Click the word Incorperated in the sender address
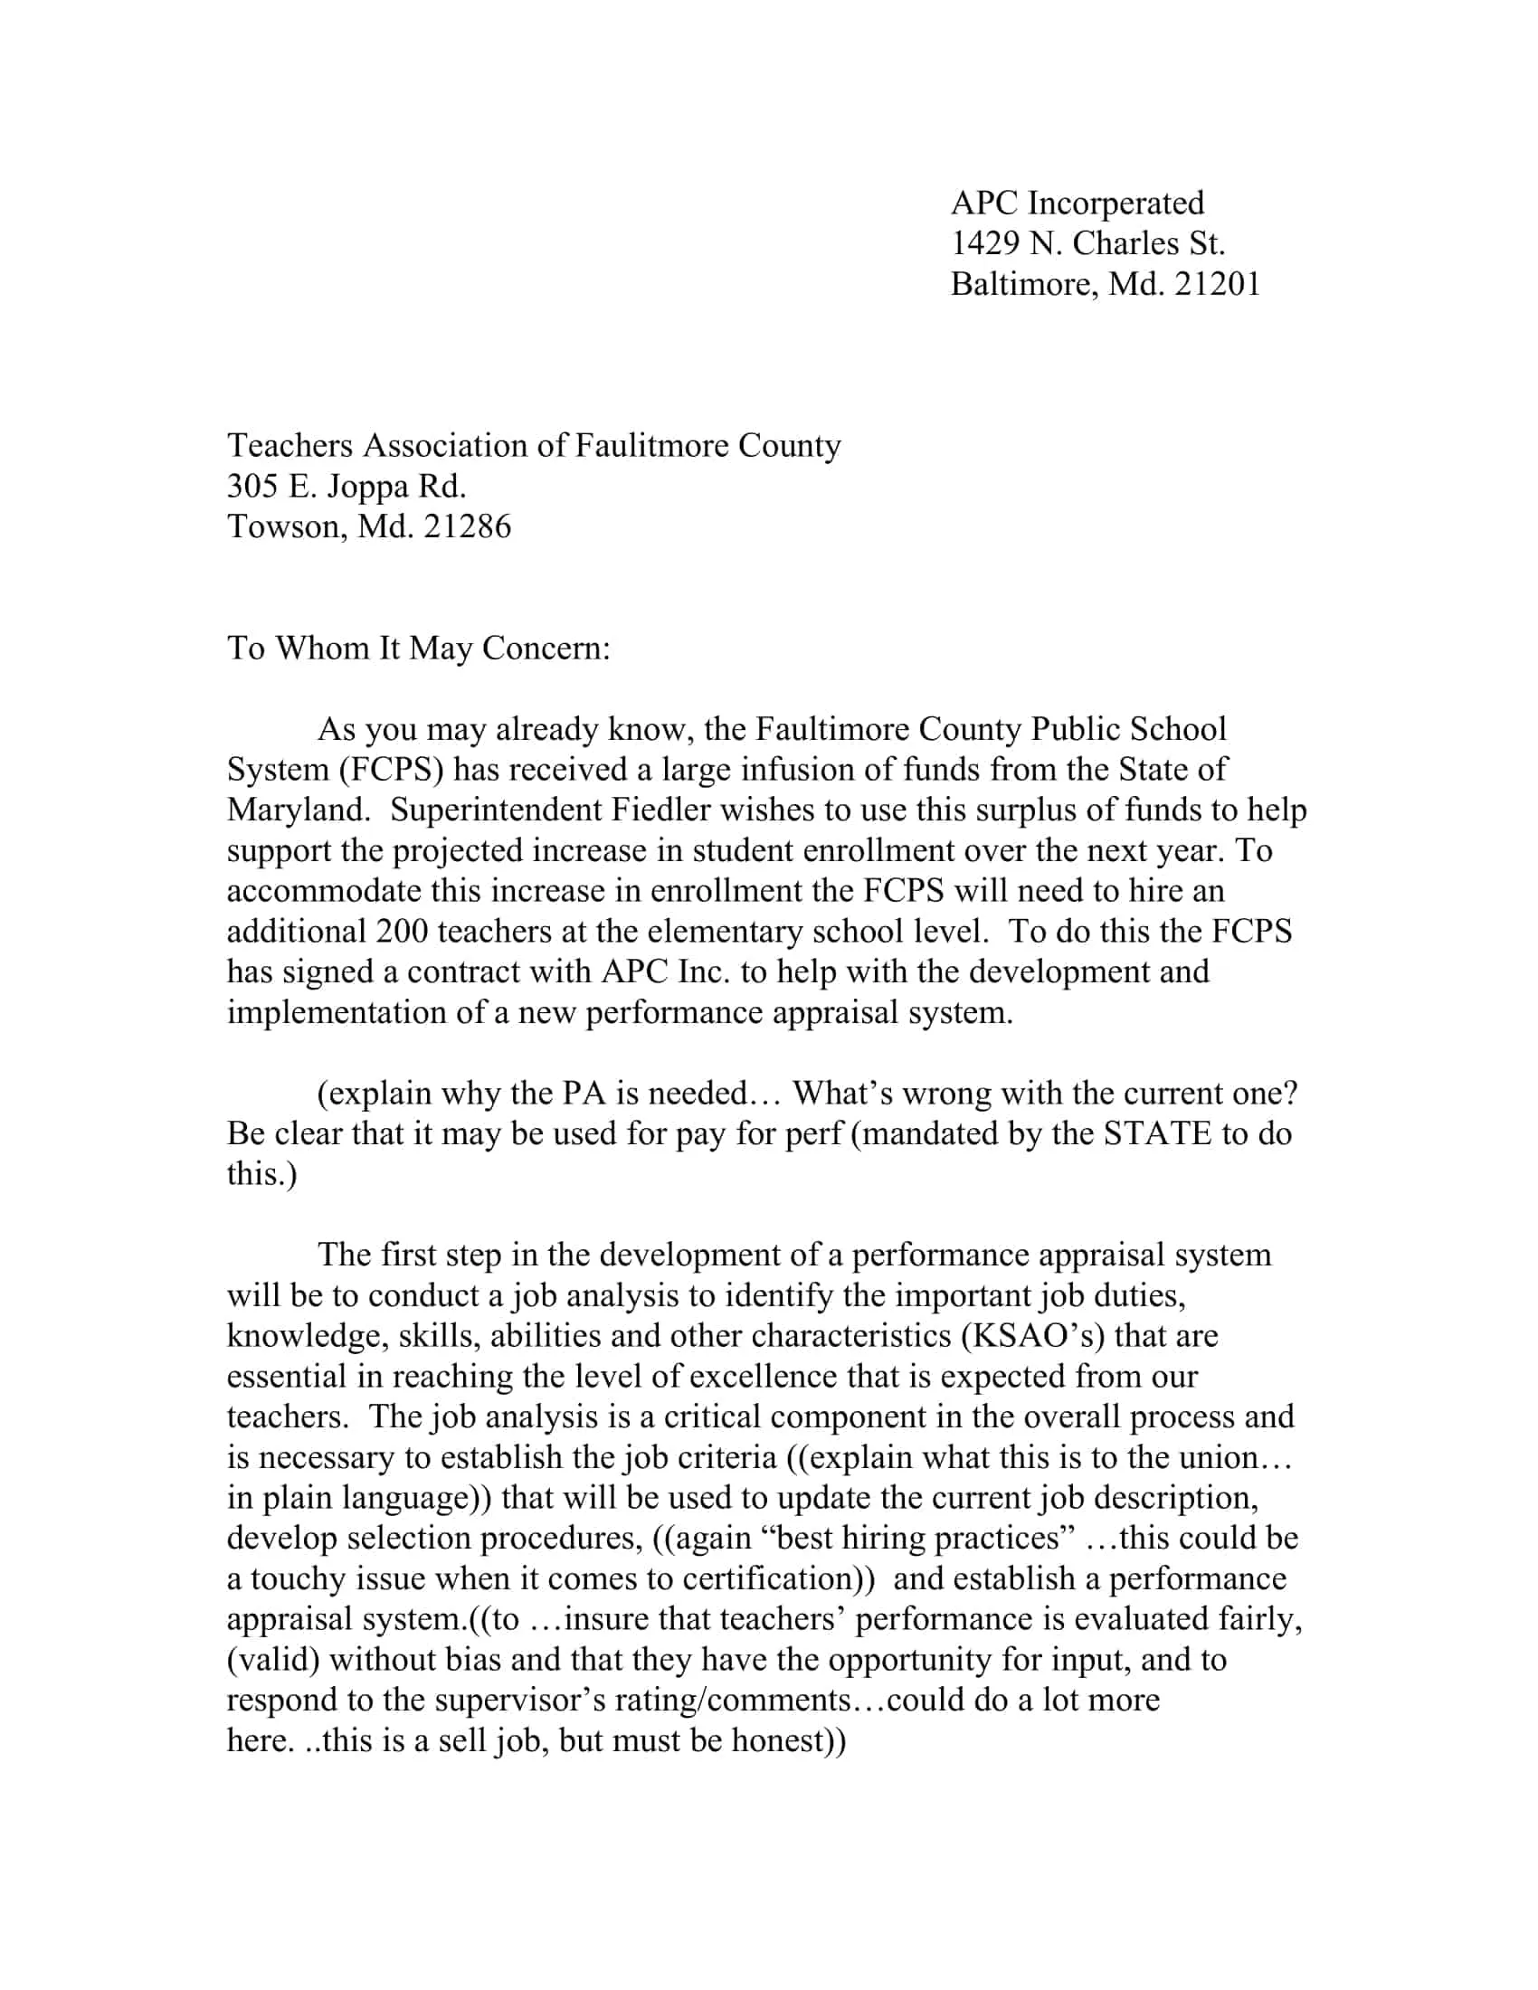1116,204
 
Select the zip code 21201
1216,284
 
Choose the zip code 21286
468,526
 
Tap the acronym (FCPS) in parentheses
392,770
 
